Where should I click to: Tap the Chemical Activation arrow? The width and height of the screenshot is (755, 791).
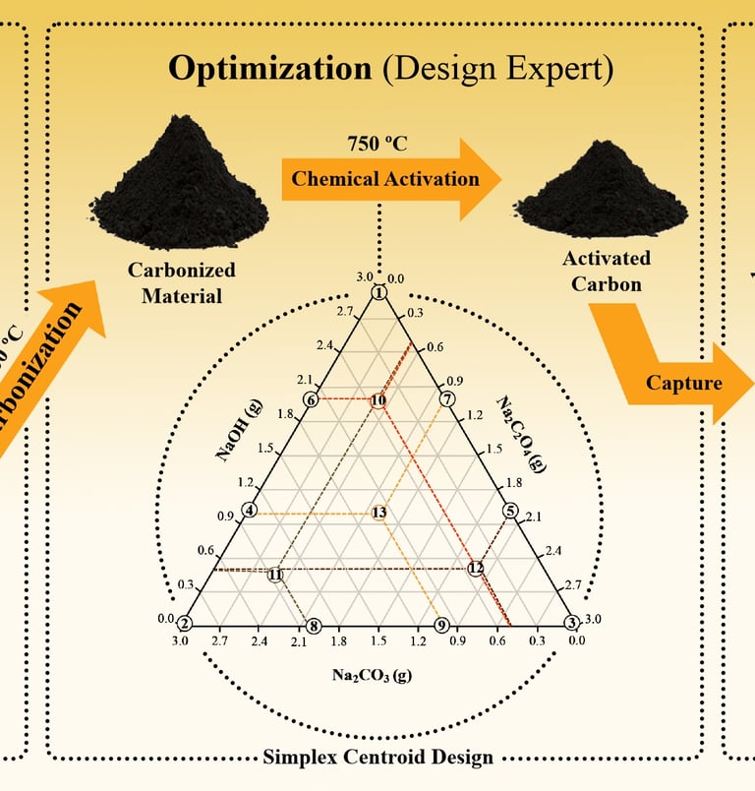point(385,178)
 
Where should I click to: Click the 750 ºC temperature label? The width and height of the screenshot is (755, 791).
point(377,142)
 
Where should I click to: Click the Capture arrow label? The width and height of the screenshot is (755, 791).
point(683,383)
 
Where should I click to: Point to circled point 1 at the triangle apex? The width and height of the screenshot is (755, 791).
point(378,293)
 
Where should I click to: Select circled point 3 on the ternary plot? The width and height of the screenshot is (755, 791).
point(571,623)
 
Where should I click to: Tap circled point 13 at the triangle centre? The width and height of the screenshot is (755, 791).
point(378,513)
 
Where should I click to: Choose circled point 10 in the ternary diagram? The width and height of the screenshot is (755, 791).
point(378,400)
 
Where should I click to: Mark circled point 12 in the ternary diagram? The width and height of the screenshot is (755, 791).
point(476,568)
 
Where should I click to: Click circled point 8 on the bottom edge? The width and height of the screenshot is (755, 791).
point(314,626)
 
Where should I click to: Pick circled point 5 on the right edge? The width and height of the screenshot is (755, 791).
point(509,511)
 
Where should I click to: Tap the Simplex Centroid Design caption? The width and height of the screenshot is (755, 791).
point(377,758)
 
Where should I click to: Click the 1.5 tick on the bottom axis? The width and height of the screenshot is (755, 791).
point(377,641)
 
